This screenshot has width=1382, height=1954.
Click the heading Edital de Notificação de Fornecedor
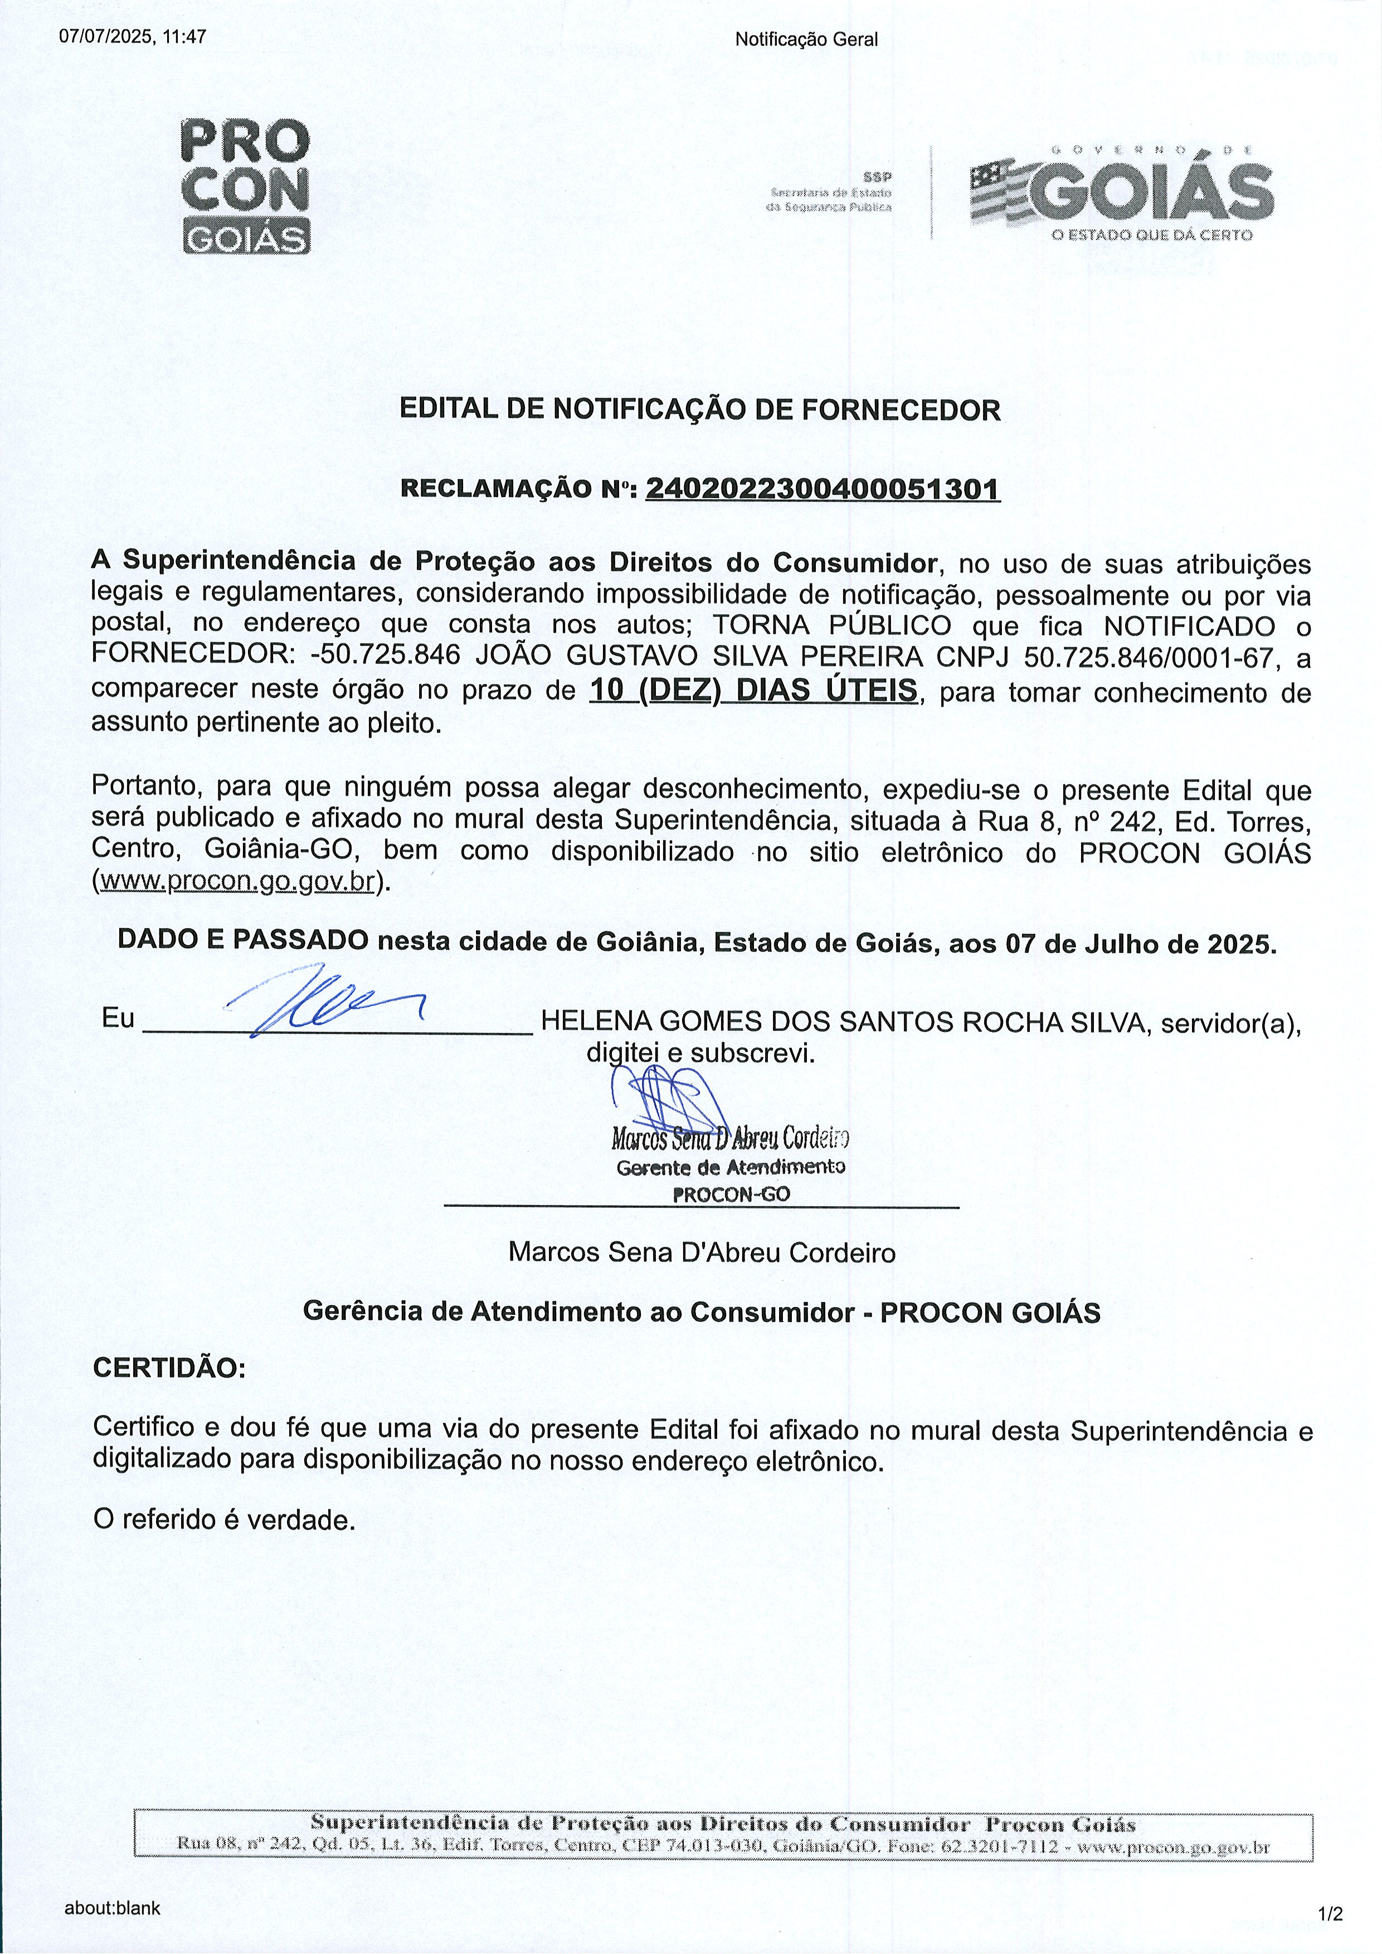tap(699, 410)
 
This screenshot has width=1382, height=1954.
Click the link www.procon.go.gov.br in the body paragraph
tap(237, 881)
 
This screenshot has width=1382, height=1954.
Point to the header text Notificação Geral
tap(806, 39)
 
